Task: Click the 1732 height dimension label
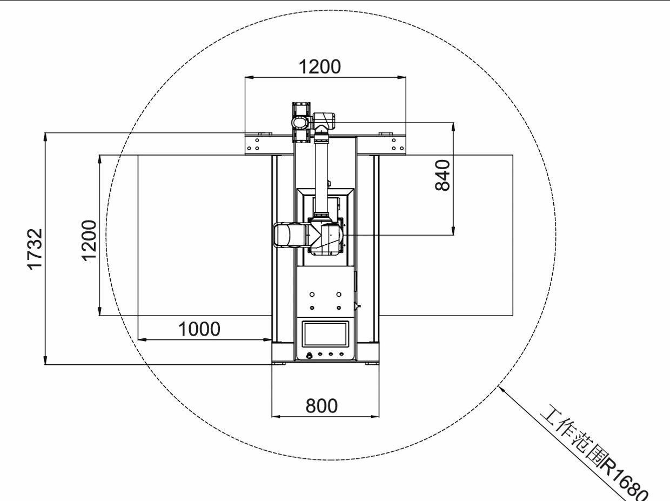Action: (35, 249)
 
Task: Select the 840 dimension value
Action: (443, 175)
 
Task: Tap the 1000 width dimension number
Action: (199, 329)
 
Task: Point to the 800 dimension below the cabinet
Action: (321, 406)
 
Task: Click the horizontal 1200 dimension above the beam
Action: (319, 67)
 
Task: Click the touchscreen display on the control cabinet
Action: (325, 334)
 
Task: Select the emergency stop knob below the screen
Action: (309, 355)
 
